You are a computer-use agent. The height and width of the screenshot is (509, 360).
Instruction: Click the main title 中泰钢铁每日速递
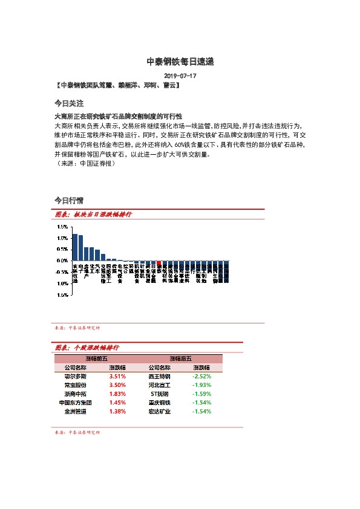(180, 62)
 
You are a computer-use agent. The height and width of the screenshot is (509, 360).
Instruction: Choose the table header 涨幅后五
(180, 358)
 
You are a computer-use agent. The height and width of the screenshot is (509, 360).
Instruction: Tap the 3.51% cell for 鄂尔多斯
(117, 376)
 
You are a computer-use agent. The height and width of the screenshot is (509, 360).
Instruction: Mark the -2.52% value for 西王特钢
(201, 376)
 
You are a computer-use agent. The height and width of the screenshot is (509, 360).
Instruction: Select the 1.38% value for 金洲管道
(117, 411)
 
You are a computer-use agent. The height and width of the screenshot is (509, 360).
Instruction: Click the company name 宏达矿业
(160, 411)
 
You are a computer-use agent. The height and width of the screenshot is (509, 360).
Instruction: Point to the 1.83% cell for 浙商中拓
(117, 394)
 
